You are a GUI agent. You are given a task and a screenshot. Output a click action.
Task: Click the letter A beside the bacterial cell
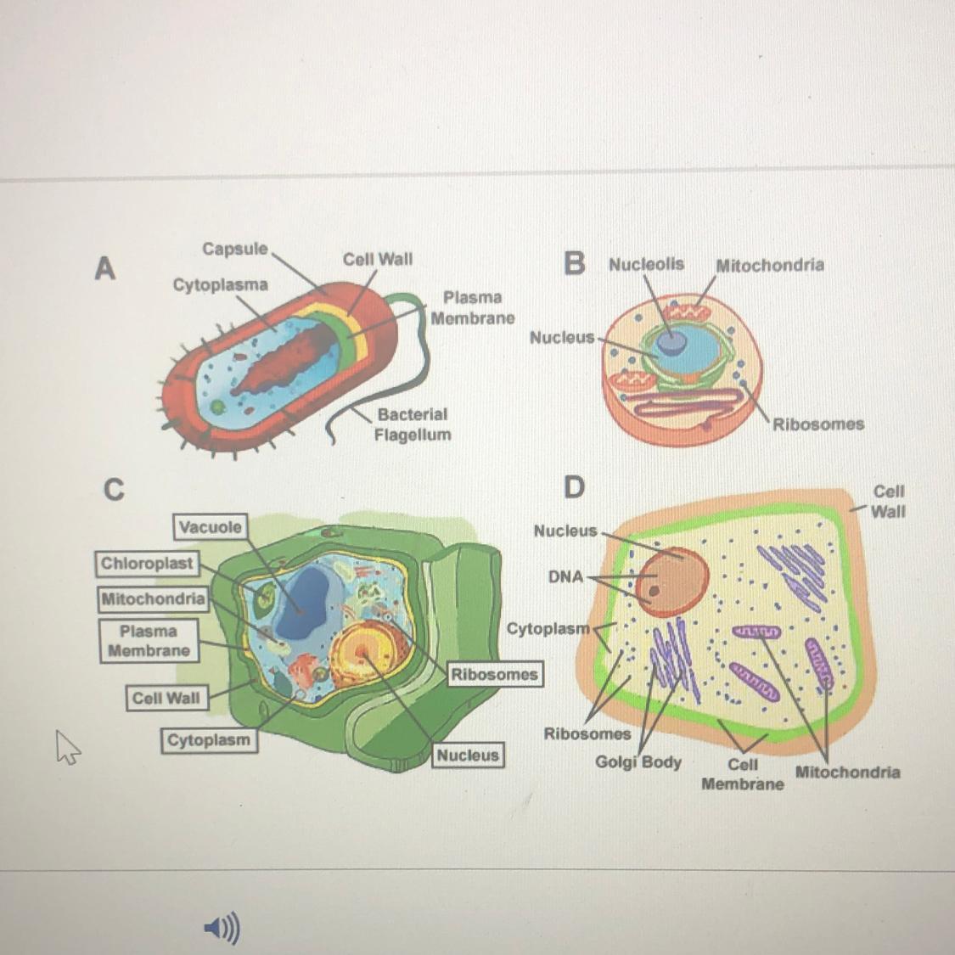(104, 268)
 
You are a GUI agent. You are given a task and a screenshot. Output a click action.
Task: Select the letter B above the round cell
(575, 264)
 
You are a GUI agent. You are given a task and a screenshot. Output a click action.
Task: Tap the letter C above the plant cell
(113, 490)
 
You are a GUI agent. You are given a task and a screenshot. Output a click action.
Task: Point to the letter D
(574, 487)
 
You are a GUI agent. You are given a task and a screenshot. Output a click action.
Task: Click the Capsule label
(234, 249)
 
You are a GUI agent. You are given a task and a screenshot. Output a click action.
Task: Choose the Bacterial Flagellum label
(413, 424)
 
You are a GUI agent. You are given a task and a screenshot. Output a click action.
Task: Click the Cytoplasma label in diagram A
(220, 284)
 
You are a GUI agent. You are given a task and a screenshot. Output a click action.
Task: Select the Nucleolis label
(646, 264)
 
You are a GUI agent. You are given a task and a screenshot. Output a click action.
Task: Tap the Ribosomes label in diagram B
(817, 424)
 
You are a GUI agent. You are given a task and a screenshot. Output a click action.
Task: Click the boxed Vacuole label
(210, 527)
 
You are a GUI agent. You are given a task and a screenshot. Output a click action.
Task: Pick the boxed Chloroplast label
(147, 564)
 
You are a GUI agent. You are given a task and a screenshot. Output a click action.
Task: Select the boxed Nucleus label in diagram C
(468, 755)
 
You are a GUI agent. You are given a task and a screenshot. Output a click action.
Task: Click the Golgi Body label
(638, 761)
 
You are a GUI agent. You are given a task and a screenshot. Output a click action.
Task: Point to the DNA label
(565, 576)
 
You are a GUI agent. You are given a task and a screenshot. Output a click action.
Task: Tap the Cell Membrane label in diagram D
(743, 773)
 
